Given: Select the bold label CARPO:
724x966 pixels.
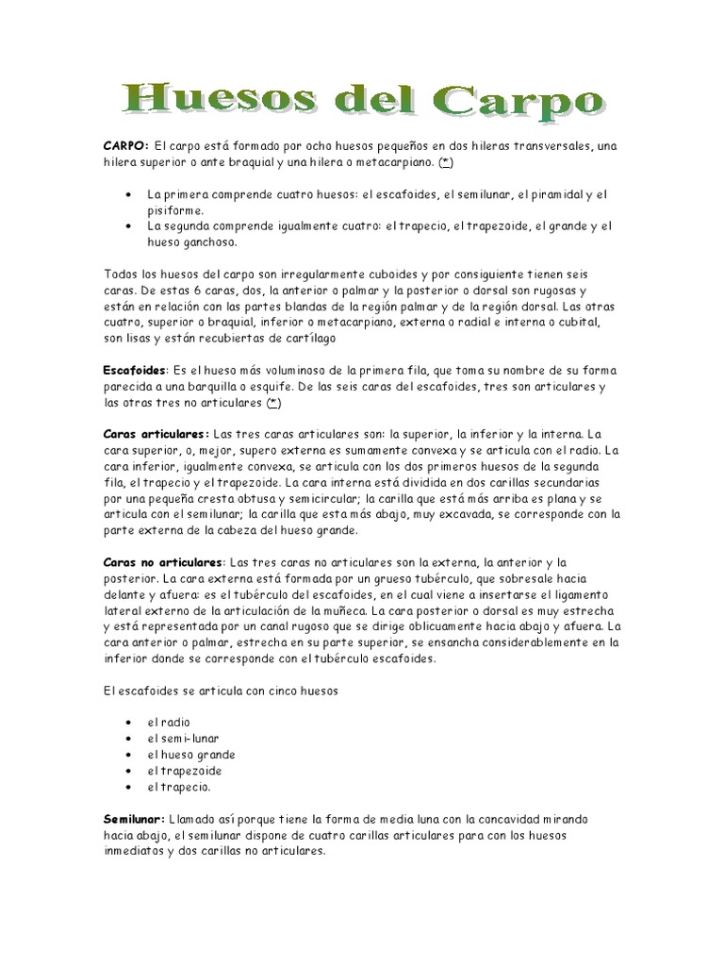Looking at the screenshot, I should [x=125, y=146].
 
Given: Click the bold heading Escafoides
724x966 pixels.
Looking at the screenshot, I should [x=134, y=372].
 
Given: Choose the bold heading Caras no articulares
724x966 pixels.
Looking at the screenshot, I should [x=163, y=562].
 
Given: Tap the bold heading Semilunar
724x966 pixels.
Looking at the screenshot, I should [x=134, y=819].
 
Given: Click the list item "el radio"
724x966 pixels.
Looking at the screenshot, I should [x=168, y=723].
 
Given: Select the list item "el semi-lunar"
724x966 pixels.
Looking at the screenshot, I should [x=183, y=739].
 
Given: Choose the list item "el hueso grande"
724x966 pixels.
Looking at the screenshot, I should [x=190, y=755].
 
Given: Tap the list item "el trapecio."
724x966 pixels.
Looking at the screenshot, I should [x=178, y=787].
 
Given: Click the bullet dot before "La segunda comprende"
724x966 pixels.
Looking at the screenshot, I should [x=127, y=227].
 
